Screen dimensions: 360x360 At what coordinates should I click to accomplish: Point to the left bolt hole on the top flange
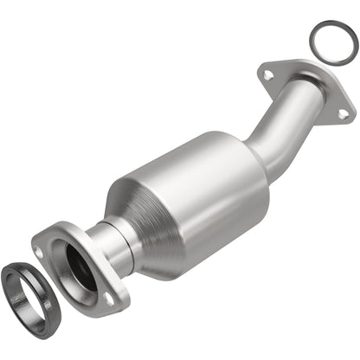pyautogui.click(x=268, y=75)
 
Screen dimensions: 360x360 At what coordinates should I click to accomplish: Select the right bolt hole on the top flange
pyautogui.click(x=343, y=113)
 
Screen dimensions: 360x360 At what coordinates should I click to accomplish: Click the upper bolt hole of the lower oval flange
pyautogui.click(x=39, y=251)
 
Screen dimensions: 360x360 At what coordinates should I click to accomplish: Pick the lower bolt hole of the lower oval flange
pyautogui.click(x=109, y=297)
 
